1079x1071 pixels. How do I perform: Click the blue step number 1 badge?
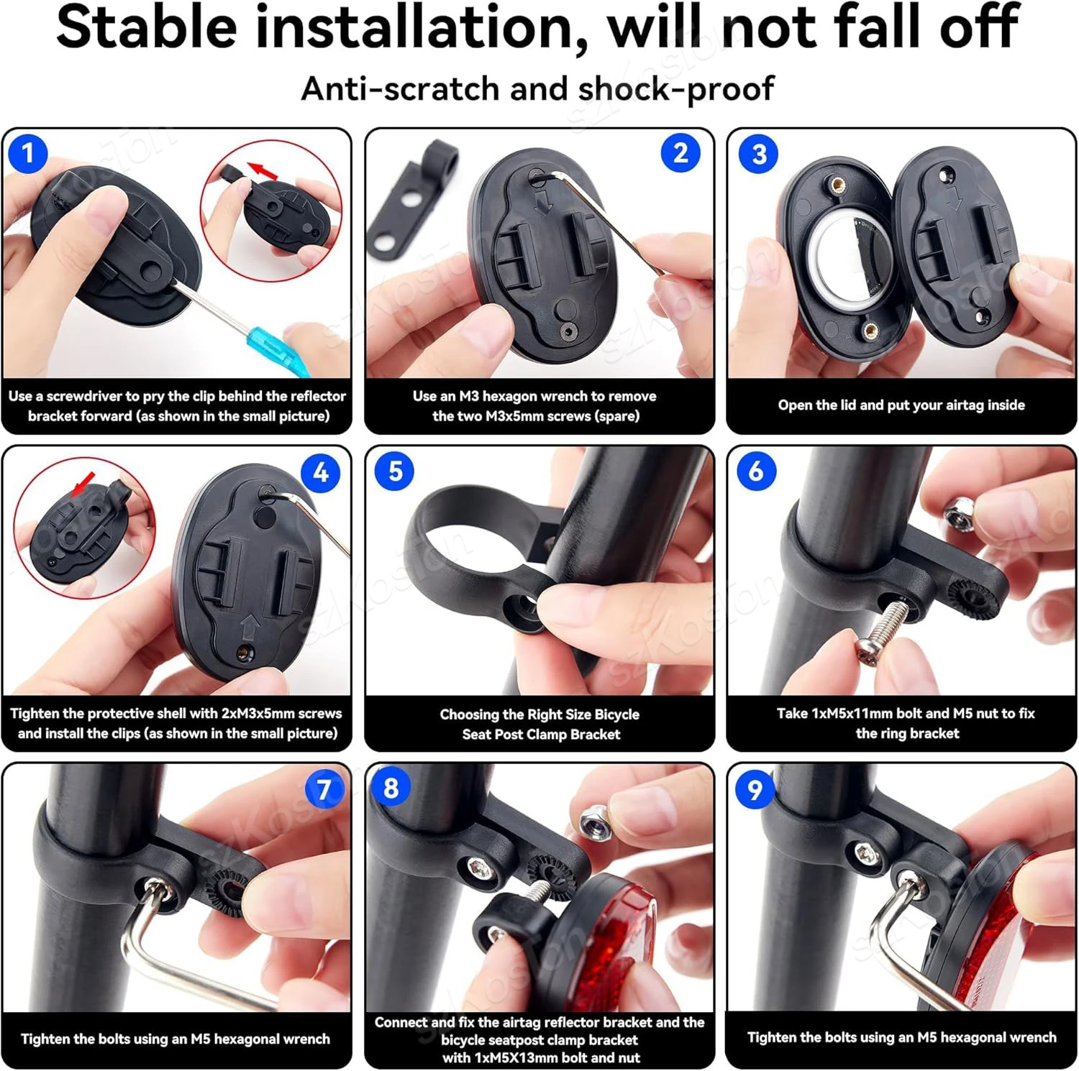[x=27, y=153]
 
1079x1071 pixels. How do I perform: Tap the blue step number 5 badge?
[x=395, y=472]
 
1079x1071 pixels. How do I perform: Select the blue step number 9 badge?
[x=755, y=790]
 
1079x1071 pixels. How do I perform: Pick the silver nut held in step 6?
[x=959, y=513]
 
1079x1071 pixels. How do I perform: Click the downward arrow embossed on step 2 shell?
[x=544, y=201]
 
